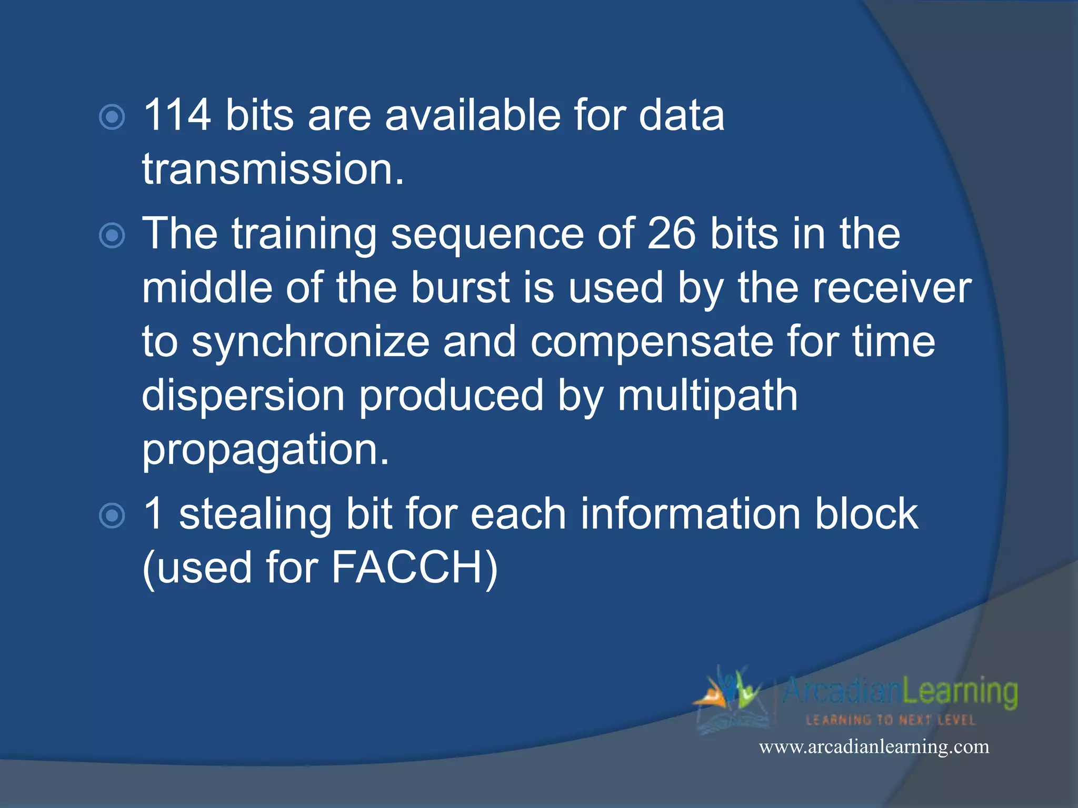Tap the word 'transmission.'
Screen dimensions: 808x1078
(273, 169)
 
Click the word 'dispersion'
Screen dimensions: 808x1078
(243, 397)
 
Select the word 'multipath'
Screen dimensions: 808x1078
(707, 397)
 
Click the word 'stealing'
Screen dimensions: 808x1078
(255, 515)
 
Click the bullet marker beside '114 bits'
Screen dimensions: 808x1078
(112, 117)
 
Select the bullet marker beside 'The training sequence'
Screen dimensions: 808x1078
(112, 236)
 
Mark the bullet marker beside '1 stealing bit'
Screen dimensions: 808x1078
(112, 516)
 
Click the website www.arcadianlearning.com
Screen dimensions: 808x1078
(874, 747)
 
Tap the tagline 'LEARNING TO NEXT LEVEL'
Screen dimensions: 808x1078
(891, 720)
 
